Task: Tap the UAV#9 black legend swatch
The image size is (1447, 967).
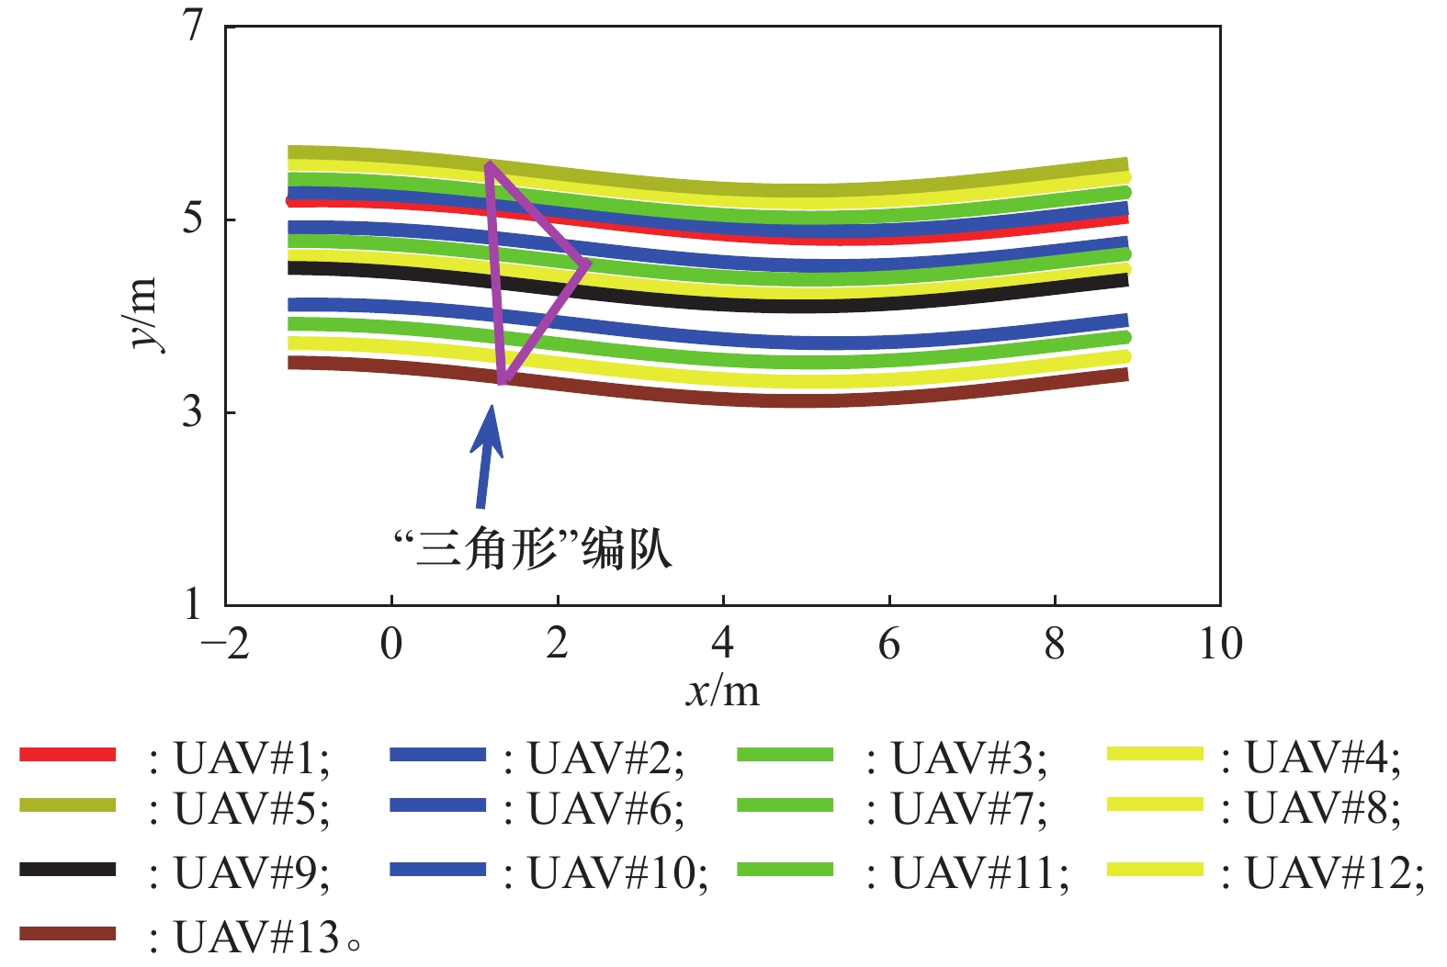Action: (68, 869)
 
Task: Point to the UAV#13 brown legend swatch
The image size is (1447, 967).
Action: (68, 934)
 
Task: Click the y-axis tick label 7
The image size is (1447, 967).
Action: (192, 25)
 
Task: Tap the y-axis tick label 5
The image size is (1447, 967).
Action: (192, 219)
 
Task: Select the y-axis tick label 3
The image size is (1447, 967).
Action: (192, 412)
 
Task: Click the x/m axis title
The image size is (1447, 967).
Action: (723, 691)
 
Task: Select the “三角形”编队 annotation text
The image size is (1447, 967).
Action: (533, 549)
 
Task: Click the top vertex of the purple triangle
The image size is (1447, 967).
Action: (490, 164)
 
